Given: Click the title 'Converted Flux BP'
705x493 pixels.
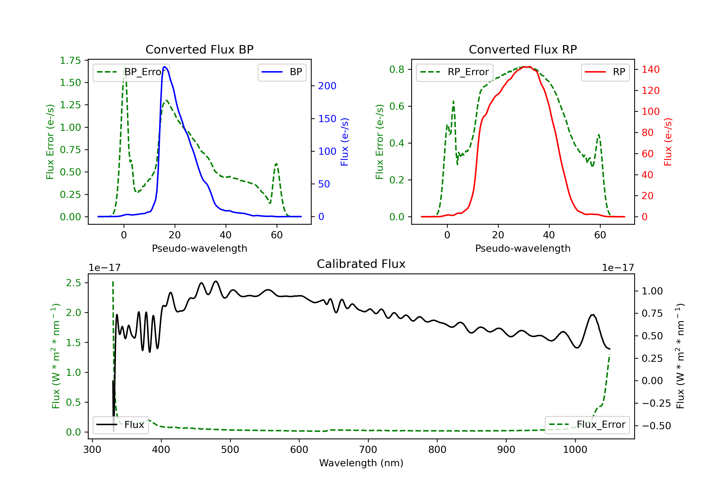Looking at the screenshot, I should [x=199, y=49].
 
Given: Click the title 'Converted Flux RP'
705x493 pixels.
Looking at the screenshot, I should [x=523, y=49].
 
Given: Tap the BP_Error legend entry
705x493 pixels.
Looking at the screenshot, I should [x=131, y=72].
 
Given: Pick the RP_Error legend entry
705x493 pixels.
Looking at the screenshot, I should [x=454, y=72].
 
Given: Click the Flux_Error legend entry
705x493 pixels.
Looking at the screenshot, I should [x=587, y=425].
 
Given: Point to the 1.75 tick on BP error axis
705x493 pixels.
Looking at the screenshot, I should [x=70, y=60].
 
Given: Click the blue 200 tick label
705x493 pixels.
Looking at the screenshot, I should [x=327, y=86].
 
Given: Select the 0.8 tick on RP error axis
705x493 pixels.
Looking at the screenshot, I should [x=396, y=70].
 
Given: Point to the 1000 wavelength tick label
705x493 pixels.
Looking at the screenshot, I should [x=575, y=450].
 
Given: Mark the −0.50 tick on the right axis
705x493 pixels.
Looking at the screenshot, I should [x=656, y=426].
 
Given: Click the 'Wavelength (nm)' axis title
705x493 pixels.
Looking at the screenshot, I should [x=361, y=463].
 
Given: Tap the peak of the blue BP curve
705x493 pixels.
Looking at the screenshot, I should [x=164, y=67].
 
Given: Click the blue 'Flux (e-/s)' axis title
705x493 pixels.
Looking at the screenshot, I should [x=345, y=142].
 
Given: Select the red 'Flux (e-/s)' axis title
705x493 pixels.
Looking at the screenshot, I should [x=668, y=142].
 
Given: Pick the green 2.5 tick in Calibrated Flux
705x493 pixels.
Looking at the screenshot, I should [x=73, y=283].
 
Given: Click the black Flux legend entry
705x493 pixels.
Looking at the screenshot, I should [x=120, y=425].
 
